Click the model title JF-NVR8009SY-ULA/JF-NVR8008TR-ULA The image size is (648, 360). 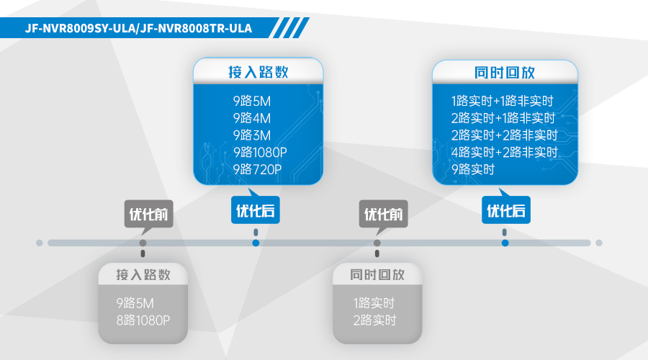[138, 28]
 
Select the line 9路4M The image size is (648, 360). [252, 118]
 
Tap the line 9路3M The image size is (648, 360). [252, 135]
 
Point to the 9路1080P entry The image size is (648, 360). [260, 152]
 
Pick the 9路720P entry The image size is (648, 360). [257, 169]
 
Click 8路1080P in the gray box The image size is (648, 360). [143, 320]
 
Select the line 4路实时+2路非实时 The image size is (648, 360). [505, 152]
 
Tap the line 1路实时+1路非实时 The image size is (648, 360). [502, 101]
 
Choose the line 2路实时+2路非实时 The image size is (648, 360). [505, 135]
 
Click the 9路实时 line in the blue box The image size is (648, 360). [473, 169]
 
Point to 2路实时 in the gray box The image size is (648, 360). [375, 320]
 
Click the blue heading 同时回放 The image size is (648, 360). [505, 73]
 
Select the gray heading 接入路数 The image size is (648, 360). [143, 275]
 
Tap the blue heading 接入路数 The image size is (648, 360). [258, 72]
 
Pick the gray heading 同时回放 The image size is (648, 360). [377, 275]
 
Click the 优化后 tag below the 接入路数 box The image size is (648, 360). [256, 210]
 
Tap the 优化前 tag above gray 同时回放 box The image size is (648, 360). [383, 215]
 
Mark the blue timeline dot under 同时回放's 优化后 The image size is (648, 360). [505, 243]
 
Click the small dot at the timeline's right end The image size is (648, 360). [599, 243]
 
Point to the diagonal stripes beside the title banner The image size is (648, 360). [291, 27]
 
